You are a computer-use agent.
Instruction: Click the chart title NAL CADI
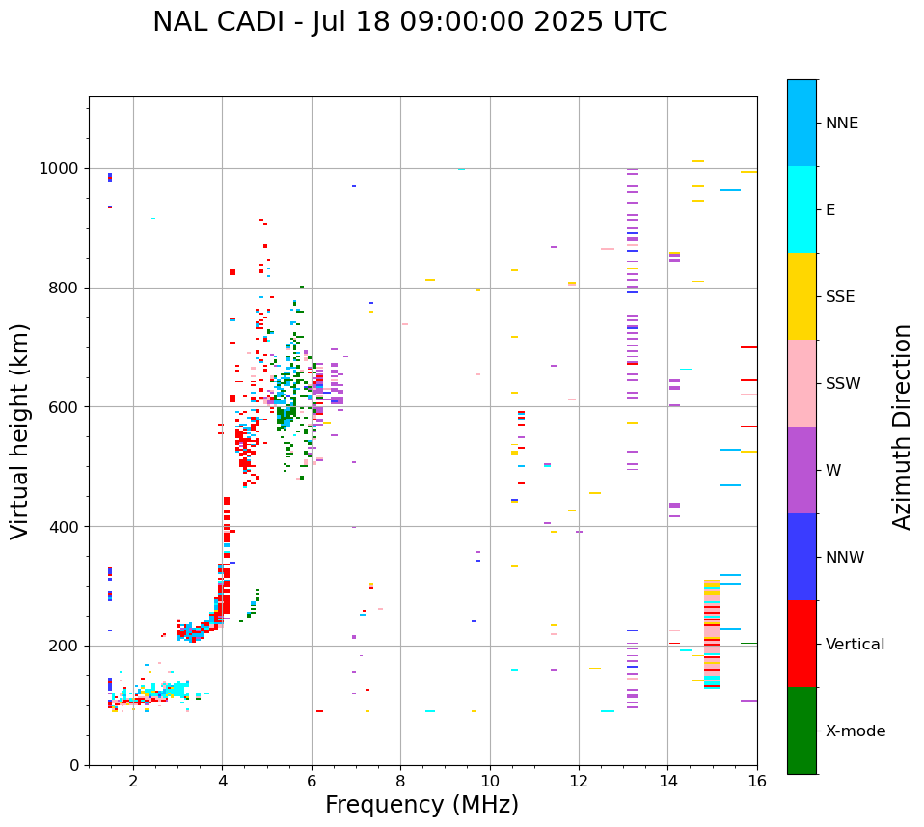[409, 22]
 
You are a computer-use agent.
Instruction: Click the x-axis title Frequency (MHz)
[421, 805]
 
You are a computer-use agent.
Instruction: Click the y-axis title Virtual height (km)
[20, 431]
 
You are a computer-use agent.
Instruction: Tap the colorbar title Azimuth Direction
[902, 427]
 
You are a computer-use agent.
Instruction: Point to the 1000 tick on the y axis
[61, 168]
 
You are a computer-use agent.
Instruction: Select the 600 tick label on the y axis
[65, 407]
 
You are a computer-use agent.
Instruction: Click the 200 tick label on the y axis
[65, 646]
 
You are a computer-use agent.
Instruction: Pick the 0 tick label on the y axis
[74, 765]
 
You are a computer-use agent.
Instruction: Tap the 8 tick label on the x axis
[400, 781]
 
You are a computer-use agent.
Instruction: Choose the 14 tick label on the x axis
[667, 781]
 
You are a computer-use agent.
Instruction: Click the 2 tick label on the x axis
[133, 781]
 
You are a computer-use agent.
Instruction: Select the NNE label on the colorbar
[841, 124]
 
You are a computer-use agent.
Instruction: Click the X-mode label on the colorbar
[855, 731]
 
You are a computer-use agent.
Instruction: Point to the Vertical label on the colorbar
[855, 645]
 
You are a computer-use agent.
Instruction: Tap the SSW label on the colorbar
[843, 384]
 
